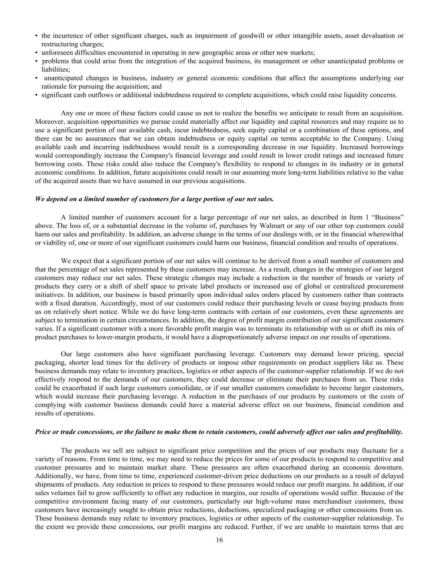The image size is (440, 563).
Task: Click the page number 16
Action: coord(219,540)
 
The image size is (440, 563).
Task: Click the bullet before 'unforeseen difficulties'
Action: coord(37,52)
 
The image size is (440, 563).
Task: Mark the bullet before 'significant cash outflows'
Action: coord(37,95)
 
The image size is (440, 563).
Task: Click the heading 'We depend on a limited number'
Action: coord(154,199)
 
